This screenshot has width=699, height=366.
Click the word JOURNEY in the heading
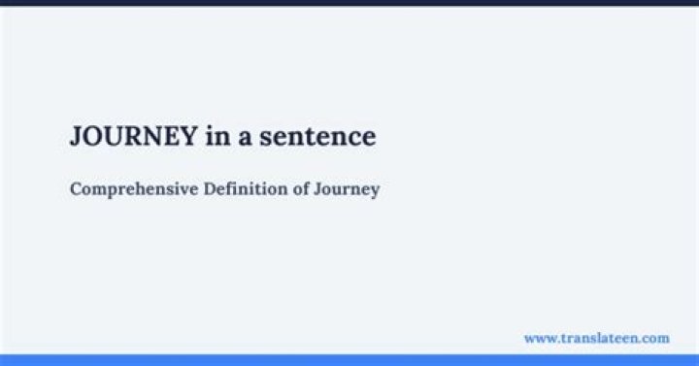(134, 137)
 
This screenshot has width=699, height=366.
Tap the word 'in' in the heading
(216, 137)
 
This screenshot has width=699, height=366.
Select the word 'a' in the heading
(247, 138)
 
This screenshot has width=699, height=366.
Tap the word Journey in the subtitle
(347, 189)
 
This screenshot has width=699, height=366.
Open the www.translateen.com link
(596, 338)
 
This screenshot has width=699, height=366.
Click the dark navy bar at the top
(349, 3)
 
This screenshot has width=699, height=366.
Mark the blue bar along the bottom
(349, 360)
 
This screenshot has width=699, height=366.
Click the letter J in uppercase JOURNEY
(76, 137)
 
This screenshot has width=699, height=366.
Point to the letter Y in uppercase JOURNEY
(190, 137)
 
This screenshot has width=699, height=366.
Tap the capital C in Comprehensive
(76, 188)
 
